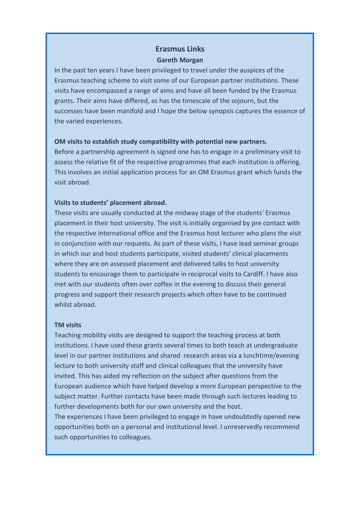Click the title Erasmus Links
[x=179, y=49]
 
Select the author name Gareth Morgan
[x=179, y=60]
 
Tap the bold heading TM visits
[x=68, y=325]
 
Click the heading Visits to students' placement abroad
[x=111, y=203]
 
